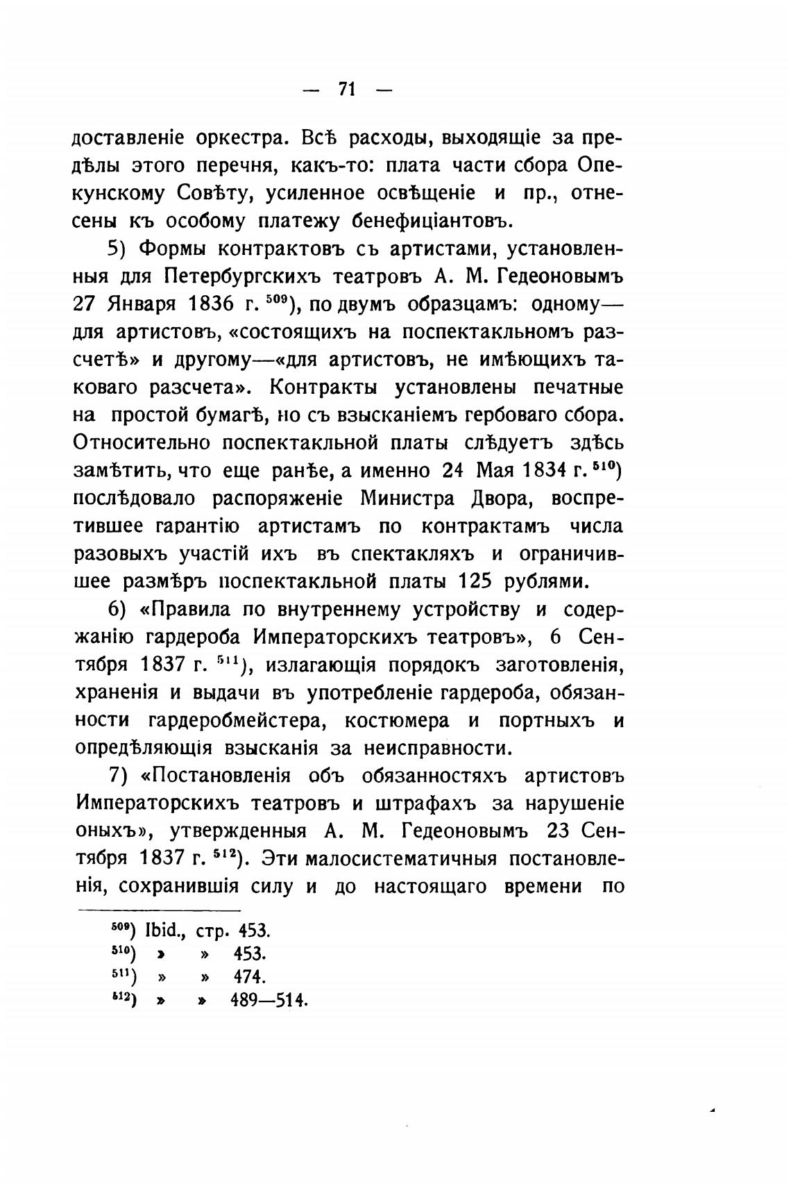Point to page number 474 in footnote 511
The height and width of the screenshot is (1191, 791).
[250, 977]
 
